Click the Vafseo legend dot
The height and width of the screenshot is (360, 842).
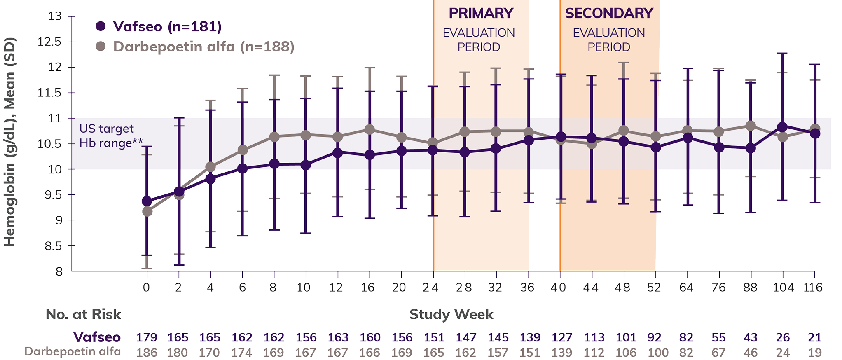101,26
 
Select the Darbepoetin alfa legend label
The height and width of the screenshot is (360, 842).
203,47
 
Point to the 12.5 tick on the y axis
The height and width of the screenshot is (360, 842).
49,42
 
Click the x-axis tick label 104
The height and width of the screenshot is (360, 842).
783,288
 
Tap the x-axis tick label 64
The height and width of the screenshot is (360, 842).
686,288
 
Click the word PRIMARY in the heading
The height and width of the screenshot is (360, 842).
480,14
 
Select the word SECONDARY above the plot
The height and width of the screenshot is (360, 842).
609,14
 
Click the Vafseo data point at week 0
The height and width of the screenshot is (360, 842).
147,201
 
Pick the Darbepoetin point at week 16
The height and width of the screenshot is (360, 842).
370,129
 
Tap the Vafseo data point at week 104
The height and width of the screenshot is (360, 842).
782,127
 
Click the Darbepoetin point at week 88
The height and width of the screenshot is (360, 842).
751,126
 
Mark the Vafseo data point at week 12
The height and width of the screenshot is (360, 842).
337,153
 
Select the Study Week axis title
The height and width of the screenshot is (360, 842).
451,314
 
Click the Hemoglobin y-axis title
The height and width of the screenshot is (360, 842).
10,142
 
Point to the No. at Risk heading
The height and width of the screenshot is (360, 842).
83,314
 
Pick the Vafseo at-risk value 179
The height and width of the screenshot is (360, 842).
147,337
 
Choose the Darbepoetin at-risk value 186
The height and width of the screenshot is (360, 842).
147,353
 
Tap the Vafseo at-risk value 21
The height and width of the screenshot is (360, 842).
814,337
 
